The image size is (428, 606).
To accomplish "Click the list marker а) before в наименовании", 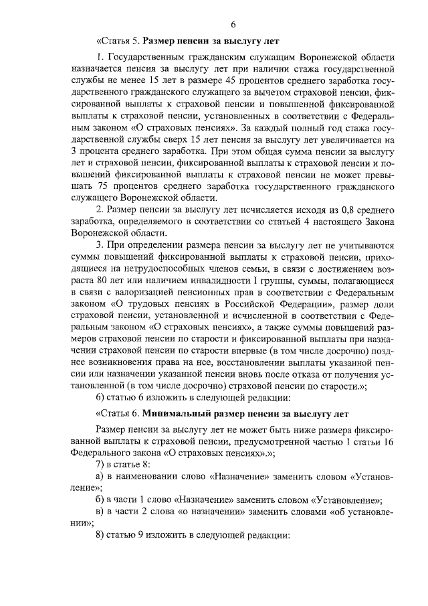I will coord(101,476).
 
